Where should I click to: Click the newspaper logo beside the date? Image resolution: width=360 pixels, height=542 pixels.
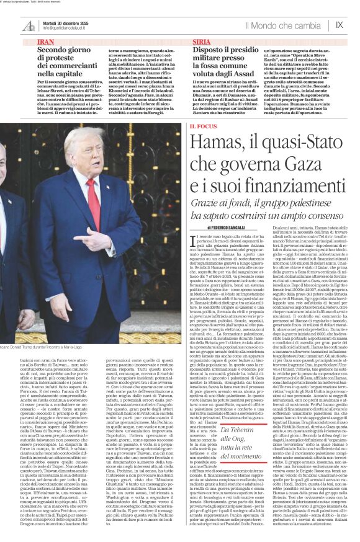pos(29,25)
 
